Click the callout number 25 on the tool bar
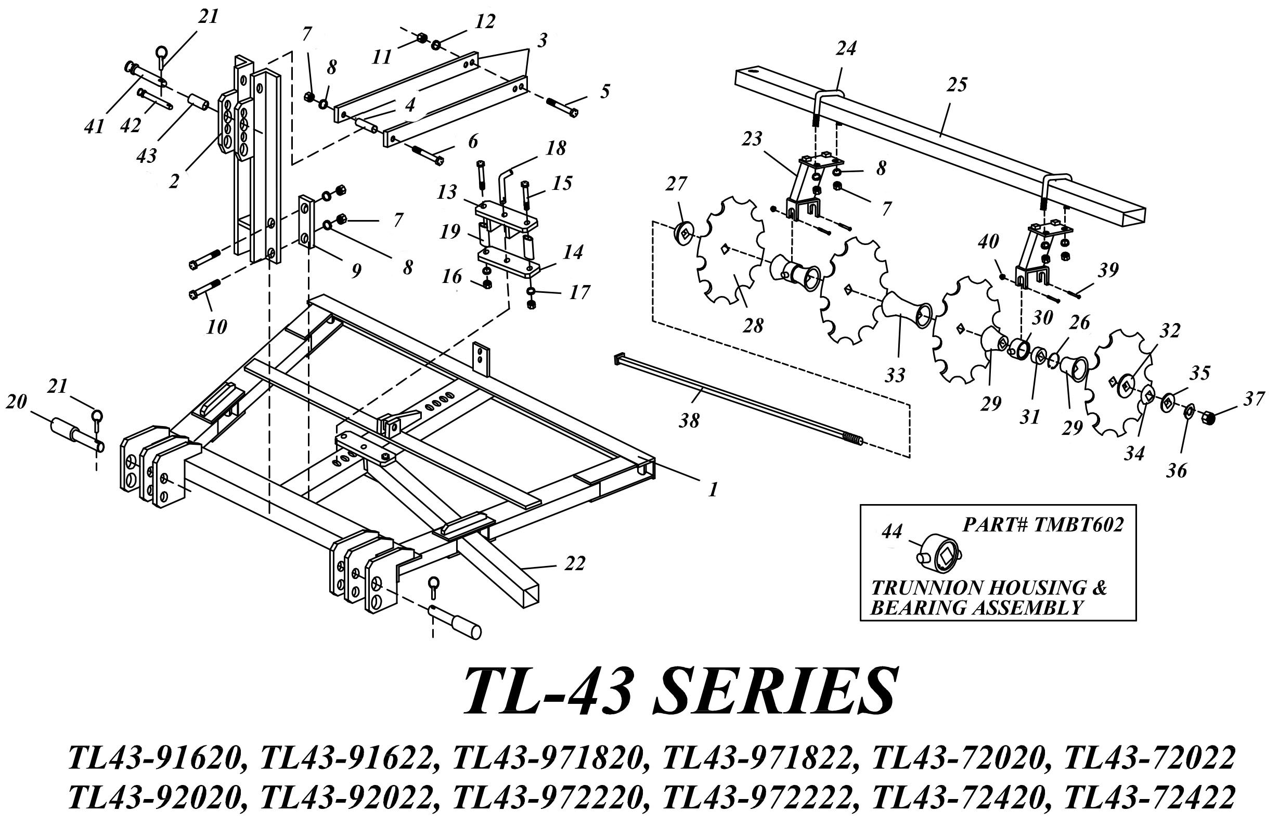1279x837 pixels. [957, 84]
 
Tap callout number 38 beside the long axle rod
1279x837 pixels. [689, 420]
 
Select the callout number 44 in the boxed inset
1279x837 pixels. [892, 532]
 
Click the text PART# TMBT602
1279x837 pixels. [1042, 525]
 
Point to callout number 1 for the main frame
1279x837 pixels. [713, 489]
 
